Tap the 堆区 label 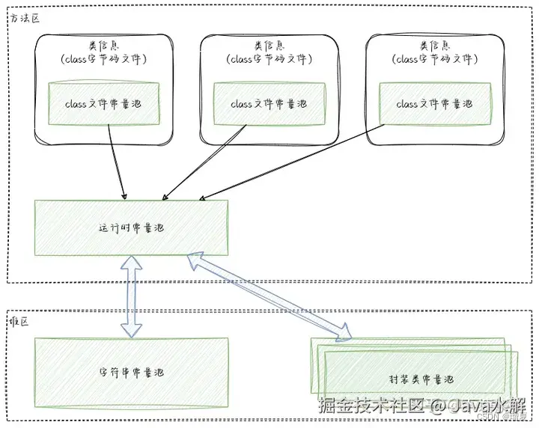point(19,320)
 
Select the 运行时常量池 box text point(131,227)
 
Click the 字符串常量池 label point(131,372)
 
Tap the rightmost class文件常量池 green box point(433,105)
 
